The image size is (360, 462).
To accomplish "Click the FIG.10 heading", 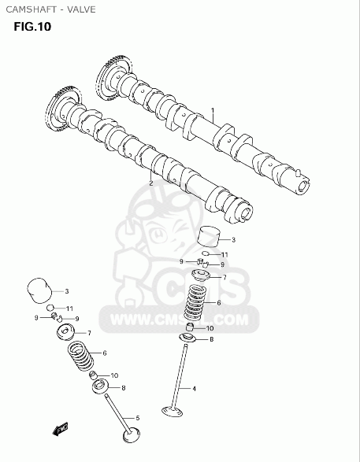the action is tap(32, 27).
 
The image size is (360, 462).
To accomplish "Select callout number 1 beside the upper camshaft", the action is tap(213, 110).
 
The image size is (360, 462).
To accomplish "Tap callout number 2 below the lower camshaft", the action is tap(151, 183).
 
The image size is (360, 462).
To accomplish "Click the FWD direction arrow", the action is tap(60, 429).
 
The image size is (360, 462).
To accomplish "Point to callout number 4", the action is tap(194, 389).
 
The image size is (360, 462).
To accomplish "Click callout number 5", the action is tap(137, 418).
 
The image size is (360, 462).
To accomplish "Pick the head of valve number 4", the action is tap(173, 412).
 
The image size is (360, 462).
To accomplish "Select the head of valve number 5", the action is tap(132, 435).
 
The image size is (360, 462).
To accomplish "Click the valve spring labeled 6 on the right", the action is tap(195, 303).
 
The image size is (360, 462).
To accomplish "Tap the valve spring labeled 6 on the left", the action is tap(81, 357).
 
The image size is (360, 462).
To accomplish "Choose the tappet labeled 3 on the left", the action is tap(39, 290).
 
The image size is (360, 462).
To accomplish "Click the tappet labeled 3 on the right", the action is tap(210, 236).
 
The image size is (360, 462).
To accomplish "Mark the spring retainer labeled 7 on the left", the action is tap(65, 331).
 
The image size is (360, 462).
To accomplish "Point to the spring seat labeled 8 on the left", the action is tap(101, 386).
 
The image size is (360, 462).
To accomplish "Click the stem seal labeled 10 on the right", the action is tap(190, 327).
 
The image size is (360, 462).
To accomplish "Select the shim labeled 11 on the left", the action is tap(50, 308).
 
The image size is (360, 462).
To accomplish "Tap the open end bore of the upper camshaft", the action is tap(302, 186).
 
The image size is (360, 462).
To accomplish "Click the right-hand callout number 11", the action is tap(225, 254).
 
